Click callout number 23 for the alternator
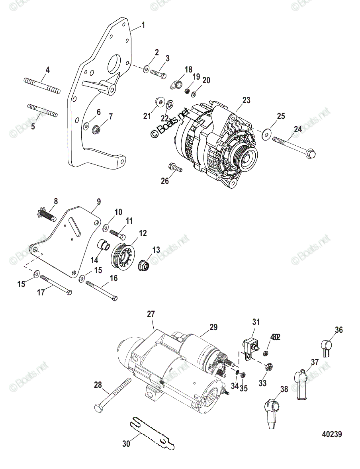tap(247, 100)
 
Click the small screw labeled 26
tap(175, 168)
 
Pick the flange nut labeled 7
tap(96, 129)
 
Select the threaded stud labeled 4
tap(42, 86)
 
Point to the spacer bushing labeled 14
tap(104, 246)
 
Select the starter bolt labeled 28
tap(113, 395)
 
